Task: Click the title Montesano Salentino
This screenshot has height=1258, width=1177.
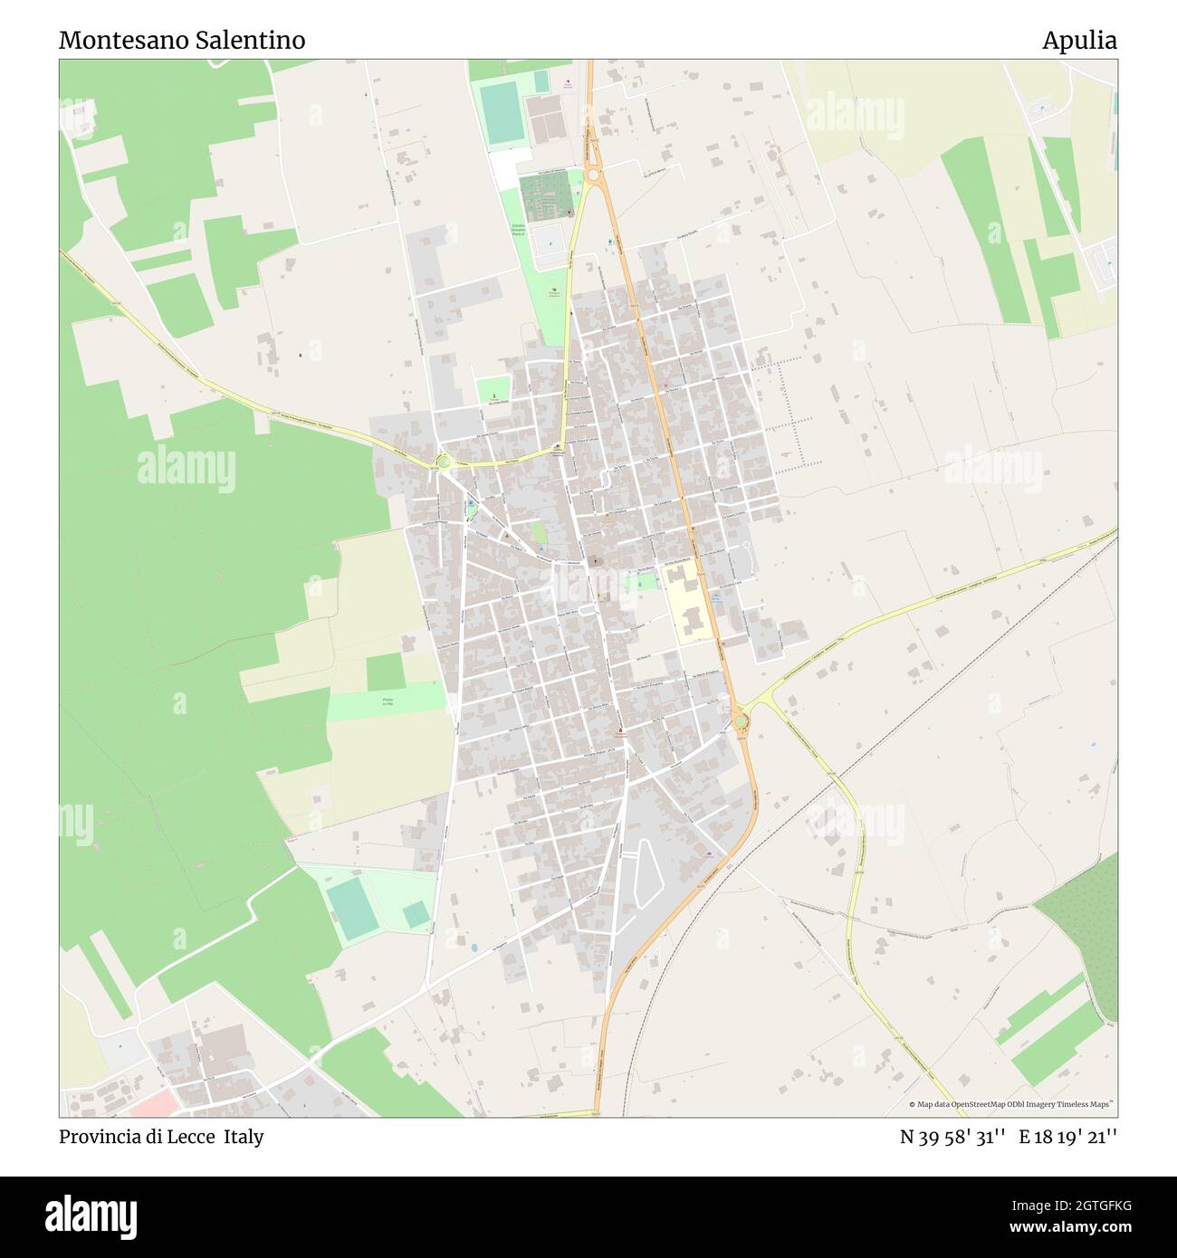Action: coord(182,41)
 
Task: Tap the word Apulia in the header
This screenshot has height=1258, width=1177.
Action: coord(1078,41)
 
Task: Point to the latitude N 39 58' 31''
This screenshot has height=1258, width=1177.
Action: coord(953,1137)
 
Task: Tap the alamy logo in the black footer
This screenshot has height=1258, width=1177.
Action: coord(91,1215)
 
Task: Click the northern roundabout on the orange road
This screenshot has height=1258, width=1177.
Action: coord(593,175)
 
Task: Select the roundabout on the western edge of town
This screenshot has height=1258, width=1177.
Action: coord(443,462)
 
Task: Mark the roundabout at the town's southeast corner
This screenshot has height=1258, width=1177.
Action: coord(741,721)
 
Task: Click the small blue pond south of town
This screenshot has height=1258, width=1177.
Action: coord(473,948)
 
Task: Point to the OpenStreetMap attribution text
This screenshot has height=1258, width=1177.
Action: coord(1012,1104)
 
